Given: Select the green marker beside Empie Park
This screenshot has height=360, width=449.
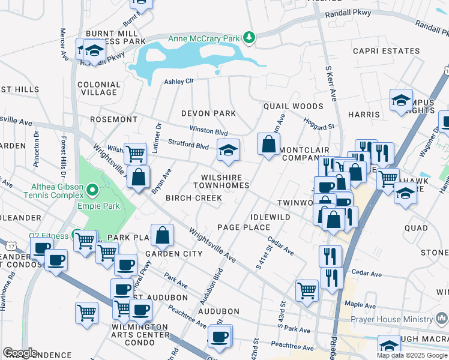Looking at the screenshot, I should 92,191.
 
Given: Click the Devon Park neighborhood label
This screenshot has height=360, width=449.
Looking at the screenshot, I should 209,113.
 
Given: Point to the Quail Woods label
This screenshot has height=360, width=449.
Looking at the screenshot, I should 293,106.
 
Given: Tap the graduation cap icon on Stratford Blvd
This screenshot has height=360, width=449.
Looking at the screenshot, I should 228,151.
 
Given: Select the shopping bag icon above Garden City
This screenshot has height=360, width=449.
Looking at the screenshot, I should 163,236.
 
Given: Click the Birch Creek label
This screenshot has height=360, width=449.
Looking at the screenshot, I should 190,198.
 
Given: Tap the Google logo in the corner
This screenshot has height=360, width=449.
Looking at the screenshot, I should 20,353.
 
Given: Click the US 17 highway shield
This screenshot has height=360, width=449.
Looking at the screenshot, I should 10,246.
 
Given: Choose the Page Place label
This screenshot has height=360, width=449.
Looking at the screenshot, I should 244,227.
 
